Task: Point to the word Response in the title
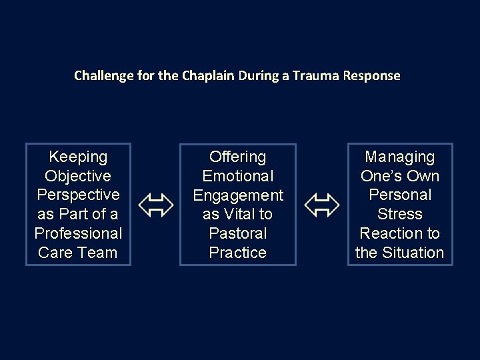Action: (x=371, y=76)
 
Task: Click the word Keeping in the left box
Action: (x=79, y=157)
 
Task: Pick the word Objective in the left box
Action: (x=79, y=176)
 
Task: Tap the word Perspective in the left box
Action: (x=79, y=195)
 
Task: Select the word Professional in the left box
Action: (x=79, y=234)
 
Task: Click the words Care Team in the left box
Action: (x=79, y=253)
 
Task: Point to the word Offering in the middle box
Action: (x=237, y=157)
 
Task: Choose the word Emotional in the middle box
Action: (x=237, y=176)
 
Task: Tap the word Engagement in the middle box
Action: (x=237, y=195)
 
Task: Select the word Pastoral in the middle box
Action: (x=237, y=234)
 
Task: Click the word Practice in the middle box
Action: (x=237, y=253)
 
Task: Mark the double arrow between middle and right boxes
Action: (x=322, y=205)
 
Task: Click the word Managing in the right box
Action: (x=399, y=157)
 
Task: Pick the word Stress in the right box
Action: (x=399, y=215)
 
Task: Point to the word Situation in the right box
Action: (x=413, y=253)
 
